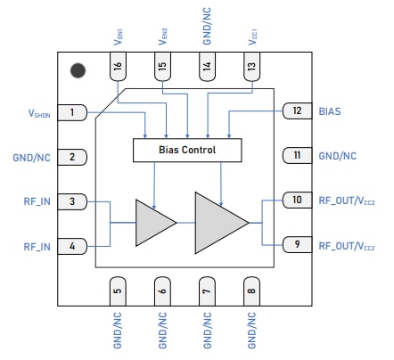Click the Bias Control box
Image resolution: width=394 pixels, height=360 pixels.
[x=187, y=151]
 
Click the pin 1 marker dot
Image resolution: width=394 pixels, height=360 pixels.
[x=78, y=69]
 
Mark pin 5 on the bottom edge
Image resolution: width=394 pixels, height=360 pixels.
[x=117, y=289]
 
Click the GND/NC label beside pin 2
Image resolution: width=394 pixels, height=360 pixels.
[x=31, y=157]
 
